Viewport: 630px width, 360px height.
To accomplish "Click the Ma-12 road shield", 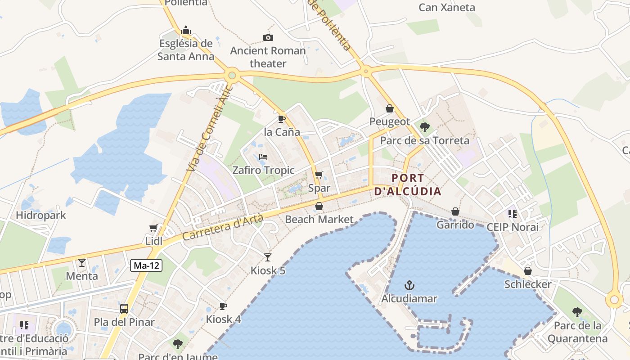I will [x=147, y=265].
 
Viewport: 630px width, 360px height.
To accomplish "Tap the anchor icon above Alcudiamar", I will [x=409, y=285].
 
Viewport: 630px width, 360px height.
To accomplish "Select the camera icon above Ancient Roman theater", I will [x=268, y=37].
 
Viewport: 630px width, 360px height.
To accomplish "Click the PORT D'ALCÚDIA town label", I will [x=408, y=184].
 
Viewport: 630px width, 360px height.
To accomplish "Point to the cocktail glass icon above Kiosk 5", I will [x=268, y=257].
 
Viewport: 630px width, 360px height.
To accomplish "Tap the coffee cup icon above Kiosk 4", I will [x=223, y=306].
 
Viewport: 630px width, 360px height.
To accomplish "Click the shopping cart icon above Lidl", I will [x=153, y=228].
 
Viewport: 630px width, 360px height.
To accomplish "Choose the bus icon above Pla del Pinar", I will [x=124, y=309].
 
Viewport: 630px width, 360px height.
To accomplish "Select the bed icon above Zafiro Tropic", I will [x=263, y=157].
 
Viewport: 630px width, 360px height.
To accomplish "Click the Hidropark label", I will [x=41, y=215].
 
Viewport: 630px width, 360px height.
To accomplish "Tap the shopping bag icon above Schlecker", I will [x=528, y=271].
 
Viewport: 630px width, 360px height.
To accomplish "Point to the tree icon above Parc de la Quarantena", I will [x=577, y=312].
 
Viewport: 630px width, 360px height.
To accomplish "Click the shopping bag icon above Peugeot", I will [x=390, y=108].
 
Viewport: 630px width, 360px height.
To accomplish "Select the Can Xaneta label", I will [x=447, y=7].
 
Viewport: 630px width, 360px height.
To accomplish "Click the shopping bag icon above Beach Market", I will [x=319, y=206].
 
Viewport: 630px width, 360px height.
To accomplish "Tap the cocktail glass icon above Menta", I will [x=82, y=262].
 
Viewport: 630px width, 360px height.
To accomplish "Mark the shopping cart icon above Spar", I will [x=319, y=175].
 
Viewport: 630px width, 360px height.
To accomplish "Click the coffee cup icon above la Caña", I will [x=282, y=119].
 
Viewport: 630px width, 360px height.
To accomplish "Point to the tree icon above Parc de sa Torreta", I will [x=424, y=127].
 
